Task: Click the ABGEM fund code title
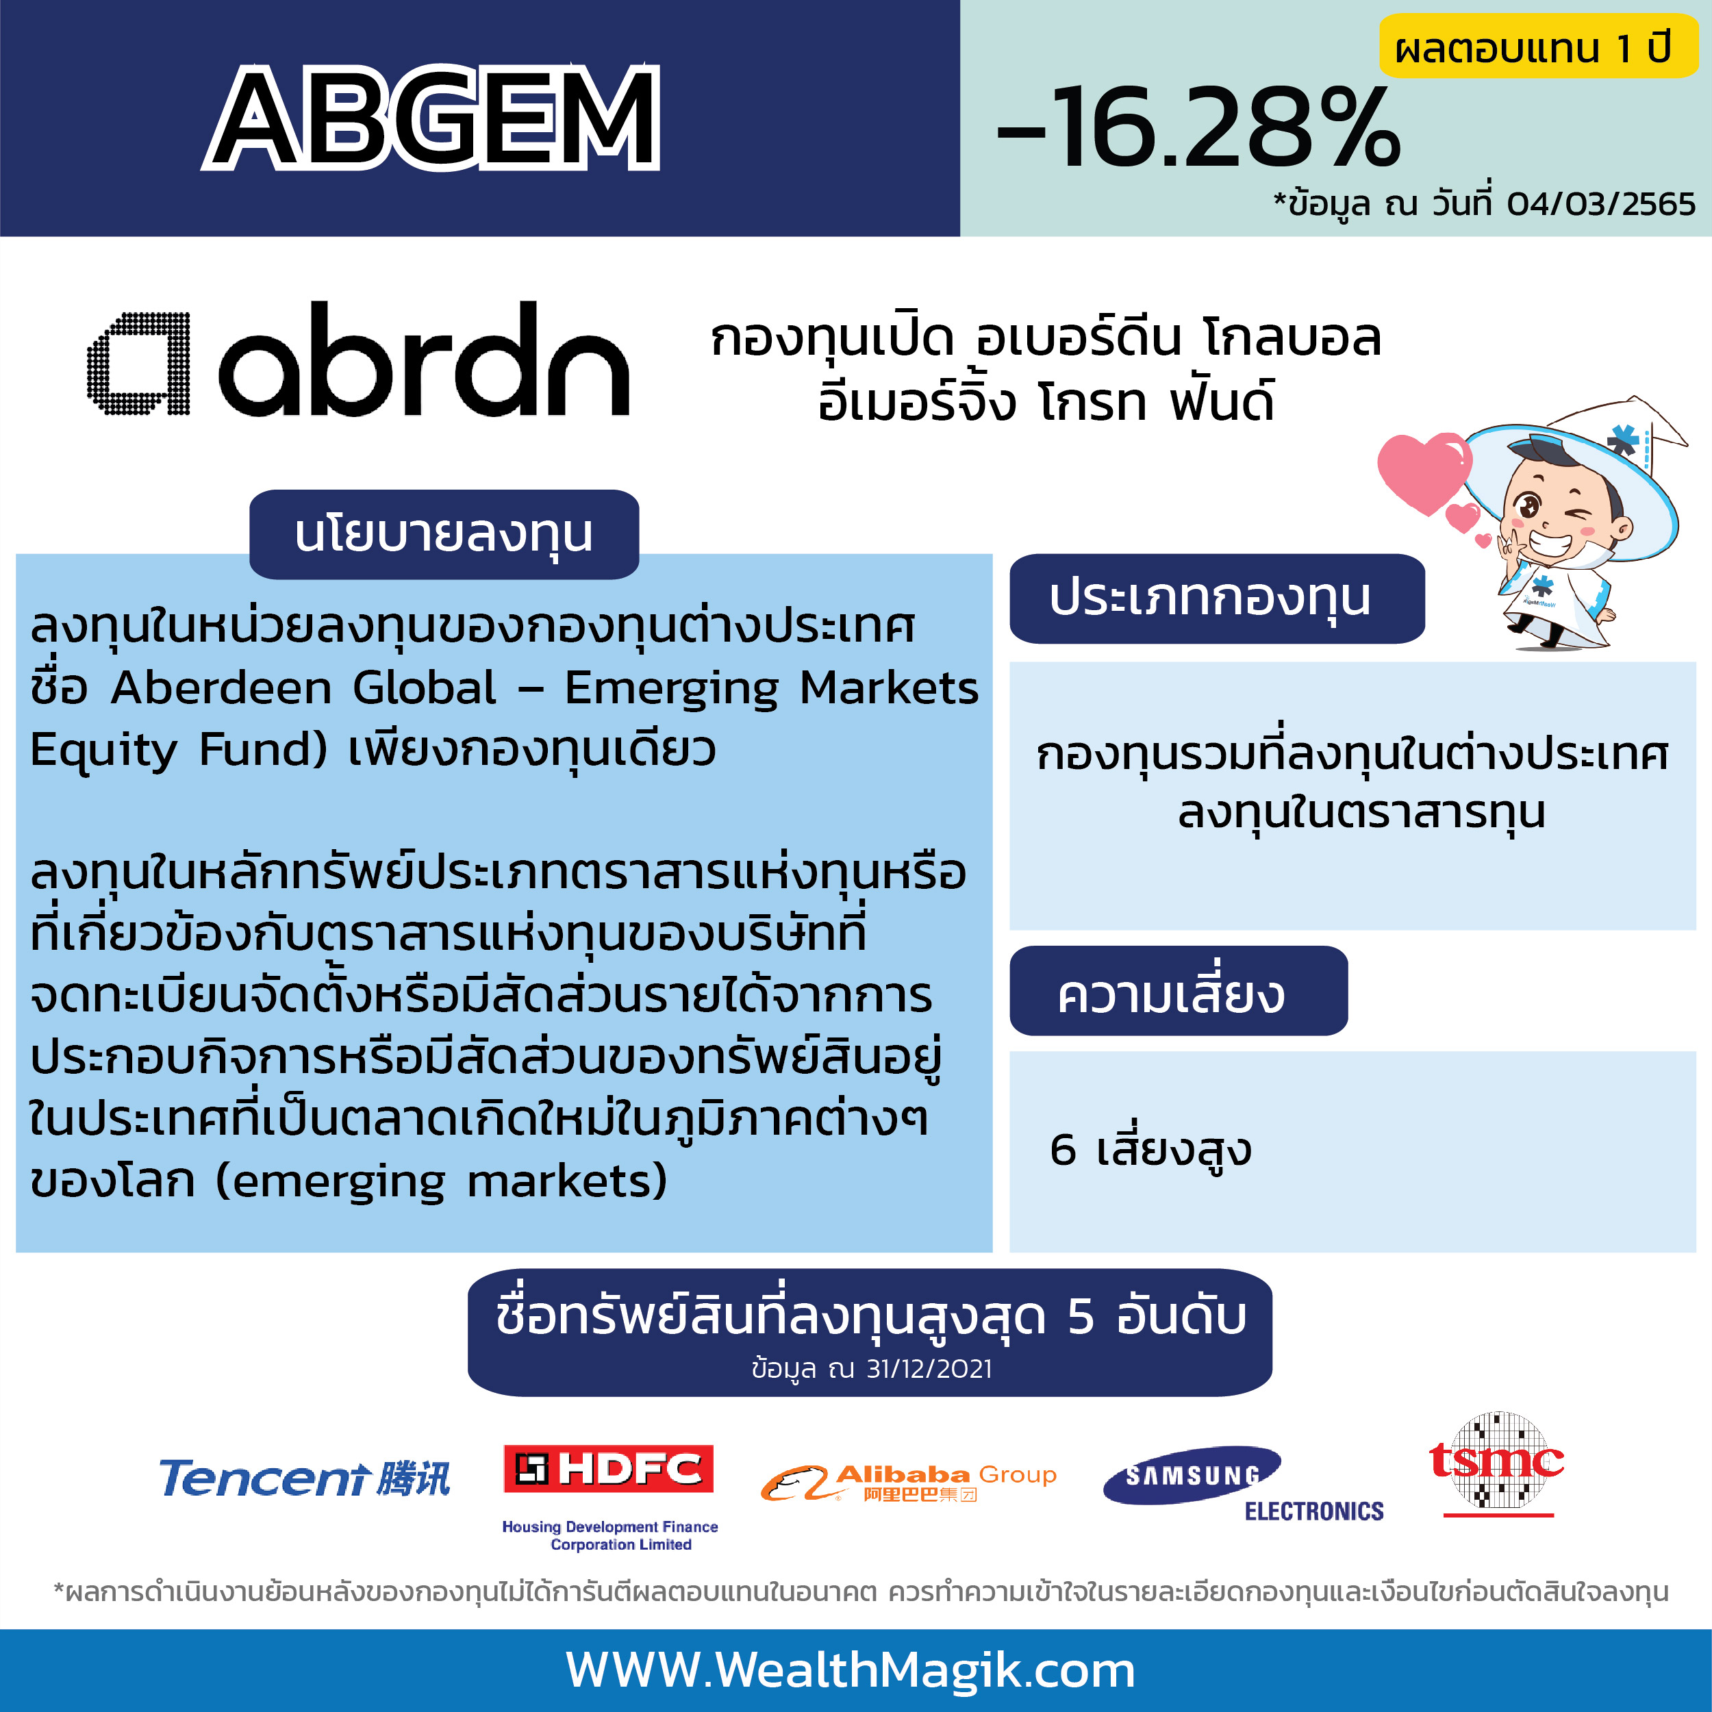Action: tap(431, 118)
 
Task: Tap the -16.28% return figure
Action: tap(1198, 127)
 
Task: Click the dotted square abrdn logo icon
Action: tap(139, 364)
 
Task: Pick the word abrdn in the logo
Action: tap(424, 359)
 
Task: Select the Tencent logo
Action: tap(305, 1478)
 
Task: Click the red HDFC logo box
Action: tap(608, 1469)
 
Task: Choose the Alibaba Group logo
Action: tap(908, 1483)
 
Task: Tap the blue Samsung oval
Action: tap(1192, 1476)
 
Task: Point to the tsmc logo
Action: tap(1497, 1463)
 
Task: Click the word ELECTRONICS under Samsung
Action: tap(1314, 1511)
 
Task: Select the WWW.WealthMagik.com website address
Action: tap(851, 1670)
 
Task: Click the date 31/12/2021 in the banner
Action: tap(929, 1369)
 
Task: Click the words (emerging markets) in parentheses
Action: tap(441, 1182)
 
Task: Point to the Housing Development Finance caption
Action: tap(609, 1535)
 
